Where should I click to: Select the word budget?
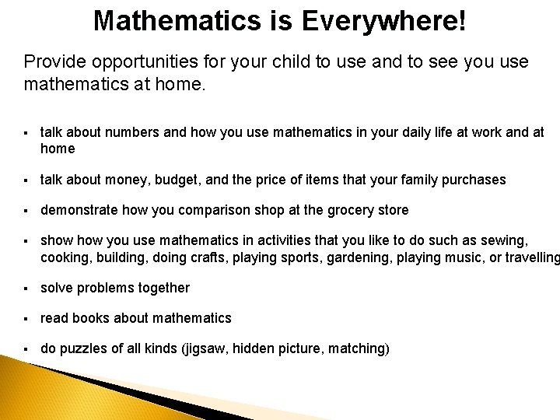pos(173,180)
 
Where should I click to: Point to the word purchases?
pos(474,180)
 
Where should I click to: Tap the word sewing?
pos(504,241)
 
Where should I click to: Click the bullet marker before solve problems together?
pos(26,288)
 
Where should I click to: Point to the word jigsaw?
pos(203,348)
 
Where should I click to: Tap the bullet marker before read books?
pos(26,317)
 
